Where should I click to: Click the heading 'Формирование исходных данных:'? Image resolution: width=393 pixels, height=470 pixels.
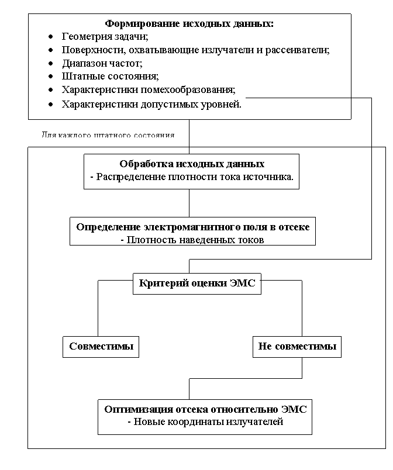(189, 24)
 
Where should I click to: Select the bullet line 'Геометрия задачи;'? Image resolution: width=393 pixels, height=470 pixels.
(105, 37)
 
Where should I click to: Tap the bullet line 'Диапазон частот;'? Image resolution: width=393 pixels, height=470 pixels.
(102, 63)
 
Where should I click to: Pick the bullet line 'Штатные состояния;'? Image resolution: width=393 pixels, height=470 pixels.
(110, 76)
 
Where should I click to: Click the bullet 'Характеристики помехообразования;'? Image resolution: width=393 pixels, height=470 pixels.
(149, 89)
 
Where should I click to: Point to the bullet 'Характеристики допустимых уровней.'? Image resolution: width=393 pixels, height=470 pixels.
(151, 105)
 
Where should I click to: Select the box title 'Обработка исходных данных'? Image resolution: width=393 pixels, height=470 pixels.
(192, 164)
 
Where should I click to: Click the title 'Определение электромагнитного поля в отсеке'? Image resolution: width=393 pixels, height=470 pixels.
(193, 227)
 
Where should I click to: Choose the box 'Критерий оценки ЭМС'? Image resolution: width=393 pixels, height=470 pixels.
(197, 284)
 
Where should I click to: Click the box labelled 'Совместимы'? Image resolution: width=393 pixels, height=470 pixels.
(101, 346)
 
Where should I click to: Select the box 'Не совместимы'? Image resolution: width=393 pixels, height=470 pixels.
(297, 346)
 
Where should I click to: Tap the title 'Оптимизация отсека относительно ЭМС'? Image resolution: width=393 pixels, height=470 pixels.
(205, 409)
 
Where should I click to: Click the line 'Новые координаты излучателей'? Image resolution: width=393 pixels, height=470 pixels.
(205, 421)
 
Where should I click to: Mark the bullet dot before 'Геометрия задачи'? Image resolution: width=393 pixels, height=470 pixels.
(51, 37)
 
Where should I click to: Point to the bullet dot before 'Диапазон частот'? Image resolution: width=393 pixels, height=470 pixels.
(51, 63)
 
